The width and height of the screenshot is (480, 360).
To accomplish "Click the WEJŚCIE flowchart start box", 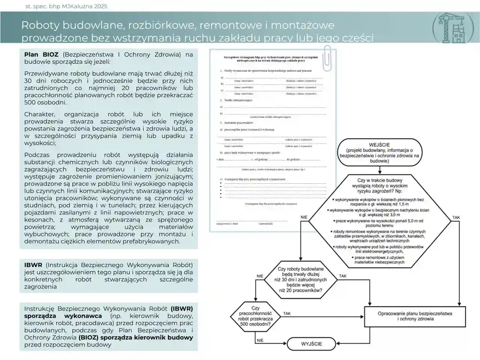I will pos(379,153).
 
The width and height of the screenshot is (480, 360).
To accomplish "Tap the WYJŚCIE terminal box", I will pos(311,343).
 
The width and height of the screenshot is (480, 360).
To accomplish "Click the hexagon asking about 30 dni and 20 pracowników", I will pos(301,279).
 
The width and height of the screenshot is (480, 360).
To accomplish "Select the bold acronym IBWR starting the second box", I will pos(33,265).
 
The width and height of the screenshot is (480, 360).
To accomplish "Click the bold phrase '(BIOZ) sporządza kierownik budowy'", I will pos(135,337).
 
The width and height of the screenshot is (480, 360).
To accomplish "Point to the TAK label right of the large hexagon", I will pos(456,217).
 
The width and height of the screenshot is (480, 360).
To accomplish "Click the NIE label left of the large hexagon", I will pos(304,217).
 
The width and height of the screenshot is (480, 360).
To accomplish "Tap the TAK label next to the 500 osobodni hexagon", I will pos(287,313).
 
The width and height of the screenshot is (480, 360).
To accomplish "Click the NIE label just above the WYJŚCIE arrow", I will pos(260,340).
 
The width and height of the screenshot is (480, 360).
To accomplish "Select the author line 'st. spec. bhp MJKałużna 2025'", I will pos(66,6).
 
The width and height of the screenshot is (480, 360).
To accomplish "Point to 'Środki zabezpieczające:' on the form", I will pos(238,100).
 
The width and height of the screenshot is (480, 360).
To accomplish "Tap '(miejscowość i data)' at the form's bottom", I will pos(227,223).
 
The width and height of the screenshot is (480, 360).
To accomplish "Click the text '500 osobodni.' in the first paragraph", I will pos(45,102).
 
